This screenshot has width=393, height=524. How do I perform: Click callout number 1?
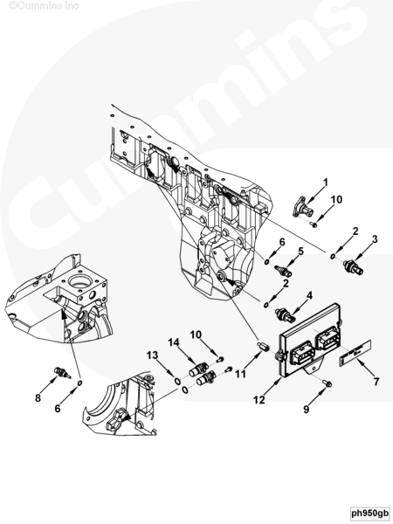[326, 183]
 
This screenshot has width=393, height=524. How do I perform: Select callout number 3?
[375, 239]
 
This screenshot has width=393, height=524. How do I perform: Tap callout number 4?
[309, 295]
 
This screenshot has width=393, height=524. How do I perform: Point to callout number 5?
[300, 251]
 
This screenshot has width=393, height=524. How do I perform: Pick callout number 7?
[376, 382]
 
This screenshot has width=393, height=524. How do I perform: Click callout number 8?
[38, 397]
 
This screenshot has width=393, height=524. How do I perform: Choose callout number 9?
[307, 409]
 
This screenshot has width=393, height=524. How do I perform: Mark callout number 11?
[240, 374]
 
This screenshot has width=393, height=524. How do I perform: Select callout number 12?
[259, 399]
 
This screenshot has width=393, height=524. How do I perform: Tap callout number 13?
[152, 355]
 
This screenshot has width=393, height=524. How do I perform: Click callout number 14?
[174, 342]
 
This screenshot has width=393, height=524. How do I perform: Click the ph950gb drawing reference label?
[370, 513]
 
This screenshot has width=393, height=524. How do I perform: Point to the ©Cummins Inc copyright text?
[44, 5]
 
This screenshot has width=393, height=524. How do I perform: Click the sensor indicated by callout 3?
[353, 267]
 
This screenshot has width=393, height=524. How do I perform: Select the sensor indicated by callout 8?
[62, 372]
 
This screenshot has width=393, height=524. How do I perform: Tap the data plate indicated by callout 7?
[356, 353]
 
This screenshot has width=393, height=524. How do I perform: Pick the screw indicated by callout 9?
[327, 384]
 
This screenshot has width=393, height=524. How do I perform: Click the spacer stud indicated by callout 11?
[263, 347]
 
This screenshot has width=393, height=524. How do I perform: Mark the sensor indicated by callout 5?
[283, 271]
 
